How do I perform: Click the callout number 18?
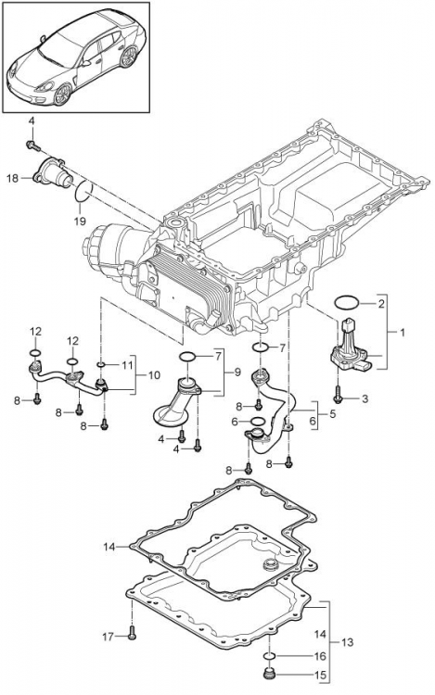(x=12, y=178)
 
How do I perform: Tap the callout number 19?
(x=80, y=221)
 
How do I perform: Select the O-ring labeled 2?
(x=346, y=303)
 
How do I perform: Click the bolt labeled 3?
(x=338, y=394)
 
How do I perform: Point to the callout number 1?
(x=403, y=332)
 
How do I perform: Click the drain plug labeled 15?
(x=269, y=673)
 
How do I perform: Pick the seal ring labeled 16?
(x=270, y=655)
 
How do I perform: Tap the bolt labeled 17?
(x=132, y=634)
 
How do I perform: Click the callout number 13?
(x=348, y=641)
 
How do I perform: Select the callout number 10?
(x=154, y=375)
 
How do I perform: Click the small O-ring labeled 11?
(x=101, y=364)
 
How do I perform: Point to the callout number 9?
(x=237, y=373)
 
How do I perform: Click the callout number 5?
(x=332, y=414)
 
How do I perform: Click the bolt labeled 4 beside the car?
(x=33, y=145)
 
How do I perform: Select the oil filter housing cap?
(x=96, y=245)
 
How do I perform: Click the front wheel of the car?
(x=62, y=94)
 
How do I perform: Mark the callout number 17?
(x=109, y=637)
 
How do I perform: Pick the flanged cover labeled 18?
(x=51, y=174)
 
